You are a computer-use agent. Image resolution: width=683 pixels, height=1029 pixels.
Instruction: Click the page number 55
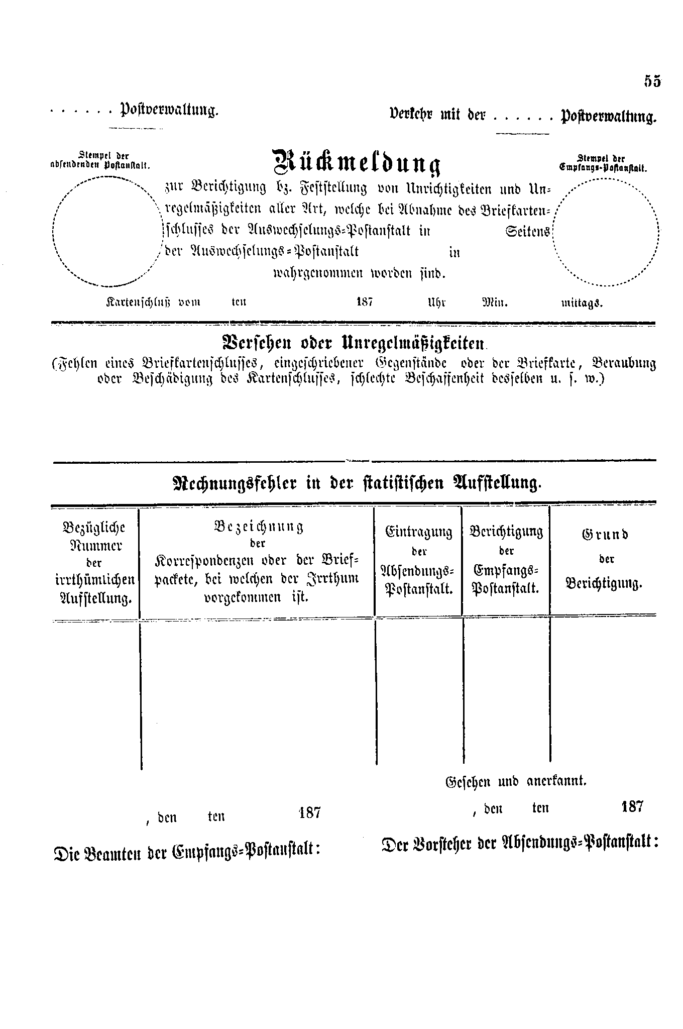coord(652,81)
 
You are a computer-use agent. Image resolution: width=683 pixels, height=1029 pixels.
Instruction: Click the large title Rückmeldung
coord(356,161)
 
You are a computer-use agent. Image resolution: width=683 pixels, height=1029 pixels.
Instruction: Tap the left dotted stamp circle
coord(104,232)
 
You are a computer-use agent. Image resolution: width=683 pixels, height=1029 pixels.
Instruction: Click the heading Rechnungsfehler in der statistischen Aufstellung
coord(357,483)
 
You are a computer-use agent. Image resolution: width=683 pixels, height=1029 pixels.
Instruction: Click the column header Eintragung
coord(418,531)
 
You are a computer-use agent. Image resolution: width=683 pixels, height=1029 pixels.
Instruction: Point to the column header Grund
coord(605,534)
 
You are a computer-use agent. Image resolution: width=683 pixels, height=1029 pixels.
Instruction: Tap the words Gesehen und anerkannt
coord(516,781)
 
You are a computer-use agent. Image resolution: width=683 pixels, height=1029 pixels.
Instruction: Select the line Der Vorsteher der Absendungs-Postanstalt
coord(520,843)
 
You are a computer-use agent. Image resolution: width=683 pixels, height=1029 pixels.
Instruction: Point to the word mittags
coord(582,303)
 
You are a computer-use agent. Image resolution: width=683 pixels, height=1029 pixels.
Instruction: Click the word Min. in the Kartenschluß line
coord(495,303)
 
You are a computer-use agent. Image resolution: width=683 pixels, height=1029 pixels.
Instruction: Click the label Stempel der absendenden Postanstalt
coord(100,160)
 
